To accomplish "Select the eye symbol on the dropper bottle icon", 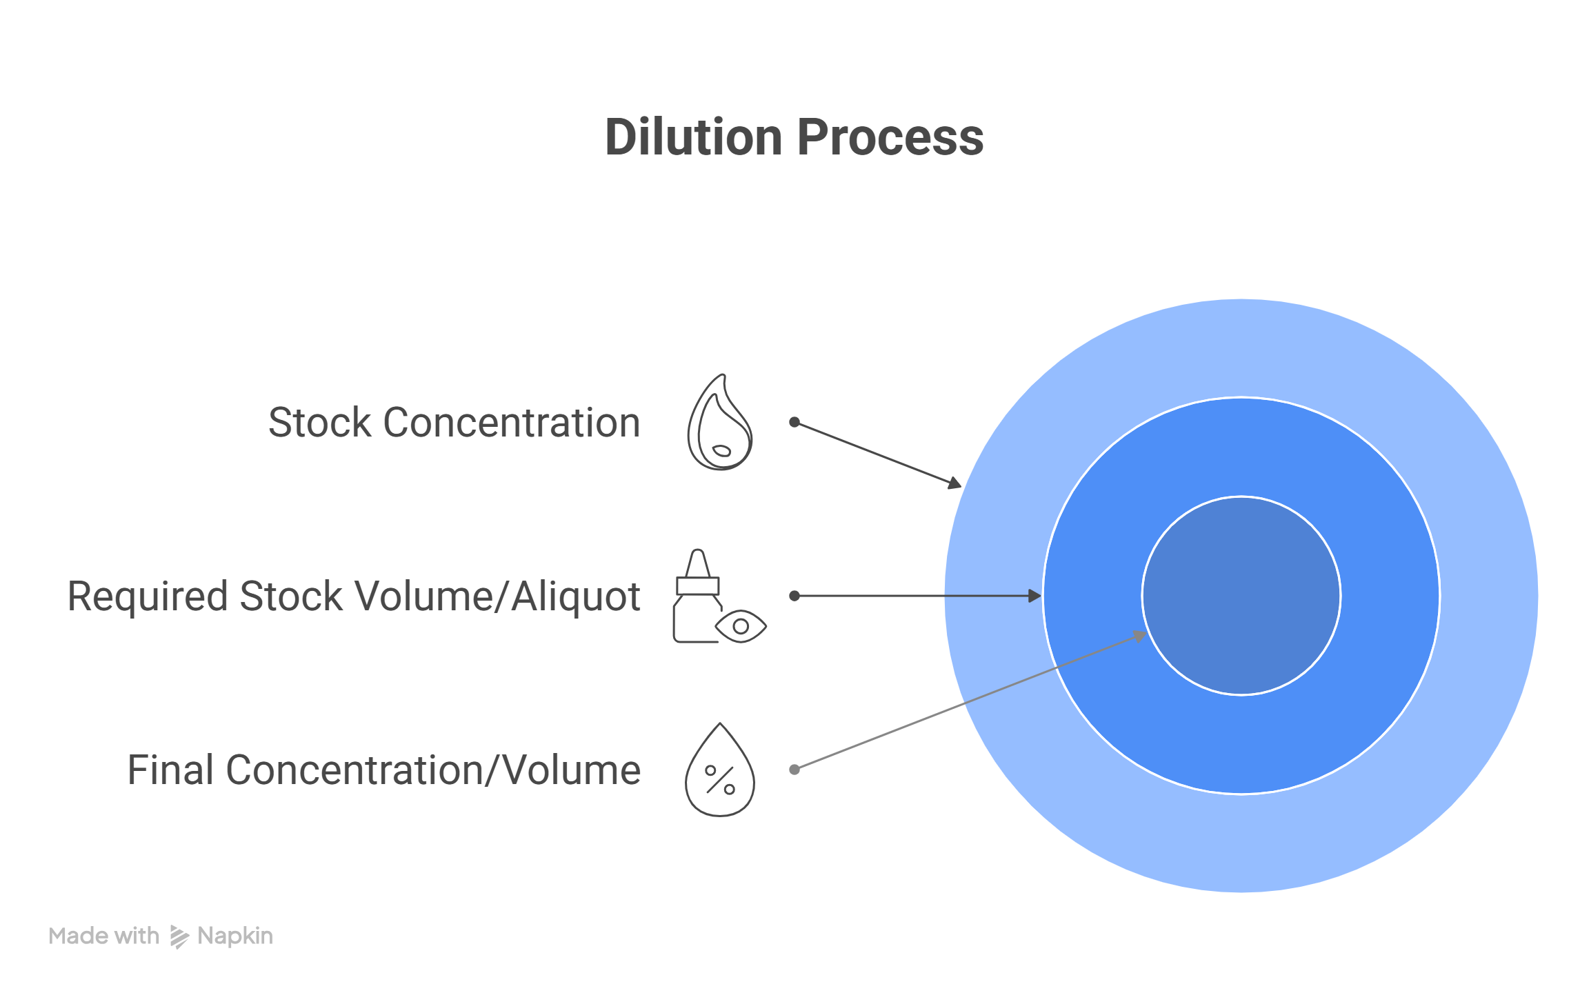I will pyautogui.click(x=741, y=626).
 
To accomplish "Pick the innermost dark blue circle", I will pyautogui.click(x=1241, y=596).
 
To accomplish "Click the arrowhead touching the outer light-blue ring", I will pyautogui.click(x=955, y=483).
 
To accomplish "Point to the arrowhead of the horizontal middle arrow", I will pyautogui.click(x=1035, y=596).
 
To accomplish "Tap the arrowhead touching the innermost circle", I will pyautogui.click(x=1139, y=636).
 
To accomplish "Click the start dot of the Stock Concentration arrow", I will pyautogui.click(x=794, y=422).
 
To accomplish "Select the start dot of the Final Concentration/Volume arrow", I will pyautogui.click(x=794, y=770).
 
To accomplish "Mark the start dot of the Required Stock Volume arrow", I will pyautogui.click(x=794, y=596).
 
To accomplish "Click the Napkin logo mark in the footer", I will pyautogui.click(x=179, y=936).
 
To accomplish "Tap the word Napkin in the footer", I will pyautogui.click(x=235, y=936).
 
